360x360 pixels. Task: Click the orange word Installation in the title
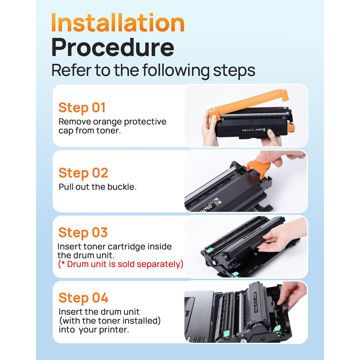118,23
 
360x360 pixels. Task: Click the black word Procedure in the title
113,47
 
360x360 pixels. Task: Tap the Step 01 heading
82,107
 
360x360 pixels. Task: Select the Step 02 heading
83,173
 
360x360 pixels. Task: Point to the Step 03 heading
83,232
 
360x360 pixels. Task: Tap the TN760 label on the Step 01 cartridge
259,130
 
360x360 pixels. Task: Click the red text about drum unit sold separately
121,264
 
